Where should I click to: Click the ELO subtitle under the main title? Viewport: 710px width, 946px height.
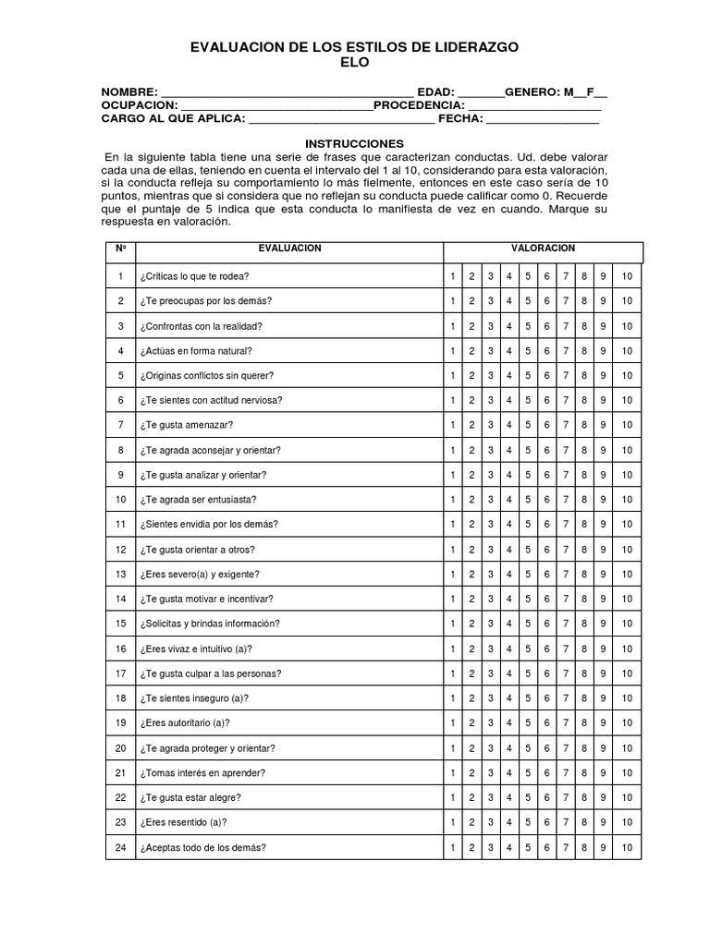point(355,62)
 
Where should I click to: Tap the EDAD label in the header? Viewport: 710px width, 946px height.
point(435,92)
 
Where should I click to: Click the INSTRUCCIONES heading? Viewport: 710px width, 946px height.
point(355,144)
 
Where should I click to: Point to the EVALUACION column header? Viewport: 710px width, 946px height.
point(289,249)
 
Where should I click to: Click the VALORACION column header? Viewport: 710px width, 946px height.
point(543,249)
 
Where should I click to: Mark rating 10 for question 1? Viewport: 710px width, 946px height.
point(627,276)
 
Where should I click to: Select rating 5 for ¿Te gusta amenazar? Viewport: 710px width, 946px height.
point(528,425)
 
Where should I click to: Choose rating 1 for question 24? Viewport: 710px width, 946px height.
point(453,846)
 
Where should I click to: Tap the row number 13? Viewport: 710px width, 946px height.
point(120,574)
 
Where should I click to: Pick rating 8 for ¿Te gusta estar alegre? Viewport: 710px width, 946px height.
point(584,797)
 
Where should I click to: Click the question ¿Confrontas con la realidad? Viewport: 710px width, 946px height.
point(202,326)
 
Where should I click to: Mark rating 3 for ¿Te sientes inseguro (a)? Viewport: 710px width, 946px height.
point(490,697)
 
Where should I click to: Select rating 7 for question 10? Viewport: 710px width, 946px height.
point(566,500)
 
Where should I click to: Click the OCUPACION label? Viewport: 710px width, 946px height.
point(139,105)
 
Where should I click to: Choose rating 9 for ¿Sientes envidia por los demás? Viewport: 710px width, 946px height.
point(603,524)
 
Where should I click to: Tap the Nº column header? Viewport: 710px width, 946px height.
point(120,249)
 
